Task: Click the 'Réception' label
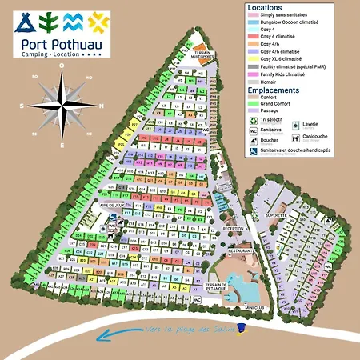233,228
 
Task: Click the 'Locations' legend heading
265,6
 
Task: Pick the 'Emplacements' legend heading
274,90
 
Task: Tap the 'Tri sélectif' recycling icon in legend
254,118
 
